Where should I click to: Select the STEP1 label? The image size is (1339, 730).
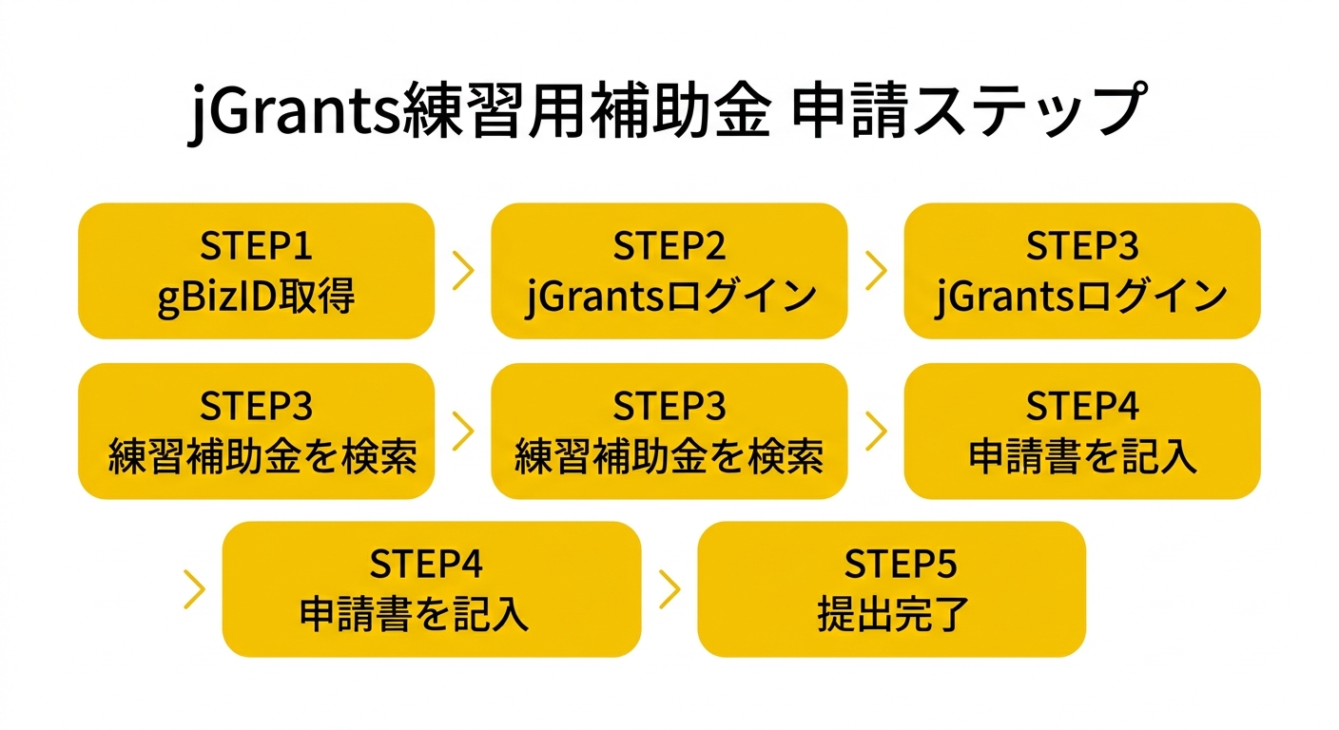tap(256, 246)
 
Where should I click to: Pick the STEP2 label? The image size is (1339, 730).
tap(669, 246)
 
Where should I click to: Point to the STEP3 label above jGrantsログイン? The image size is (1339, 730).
tap(1081, 246)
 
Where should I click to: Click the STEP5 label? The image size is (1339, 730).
tap(891, 565)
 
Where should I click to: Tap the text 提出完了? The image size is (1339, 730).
tap(891, 615)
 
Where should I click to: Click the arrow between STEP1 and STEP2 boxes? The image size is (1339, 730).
tap(463, 271)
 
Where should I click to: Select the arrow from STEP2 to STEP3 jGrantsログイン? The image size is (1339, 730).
tap(876, 271)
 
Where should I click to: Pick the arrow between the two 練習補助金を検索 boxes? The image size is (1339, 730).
tap(463, 431)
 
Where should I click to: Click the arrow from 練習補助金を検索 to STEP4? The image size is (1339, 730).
tap(876, 431)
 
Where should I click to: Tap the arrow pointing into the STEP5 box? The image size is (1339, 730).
tap(669, 589)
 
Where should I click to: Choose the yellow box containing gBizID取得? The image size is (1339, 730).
tap(256, 271)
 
